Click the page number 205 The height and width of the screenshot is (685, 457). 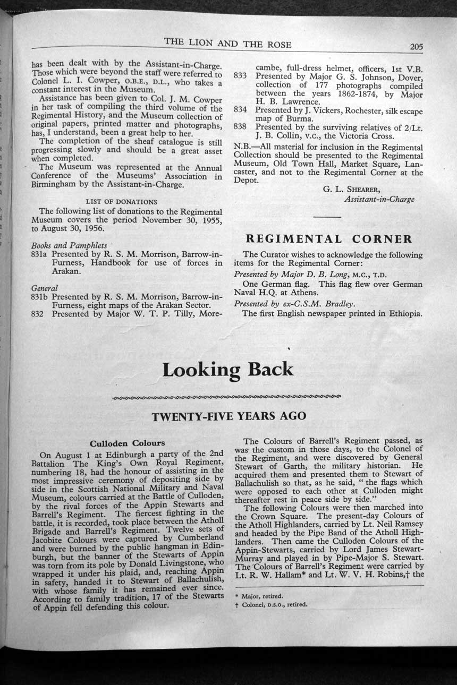coord(416,47)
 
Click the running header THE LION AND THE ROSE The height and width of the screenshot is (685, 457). coord(227,44)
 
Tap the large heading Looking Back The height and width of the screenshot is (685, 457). coord(228,370)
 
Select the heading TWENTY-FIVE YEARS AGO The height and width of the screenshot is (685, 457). coord(229,416)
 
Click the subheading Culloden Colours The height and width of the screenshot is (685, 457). coord(128,443)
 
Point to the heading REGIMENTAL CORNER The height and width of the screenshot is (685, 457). coord(328,238)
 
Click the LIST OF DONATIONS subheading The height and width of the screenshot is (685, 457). coord(122,201)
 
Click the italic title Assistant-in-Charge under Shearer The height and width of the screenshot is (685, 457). coord(379,199)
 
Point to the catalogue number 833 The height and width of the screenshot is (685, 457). coord(241,76)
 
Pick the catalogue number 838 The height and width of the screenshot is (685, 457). coord(241,127)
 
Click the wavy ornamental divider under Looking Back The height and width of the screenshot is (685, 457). coord(227,397)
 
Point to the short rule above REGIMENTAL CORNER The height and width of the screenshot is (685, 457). coord(327,217)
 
